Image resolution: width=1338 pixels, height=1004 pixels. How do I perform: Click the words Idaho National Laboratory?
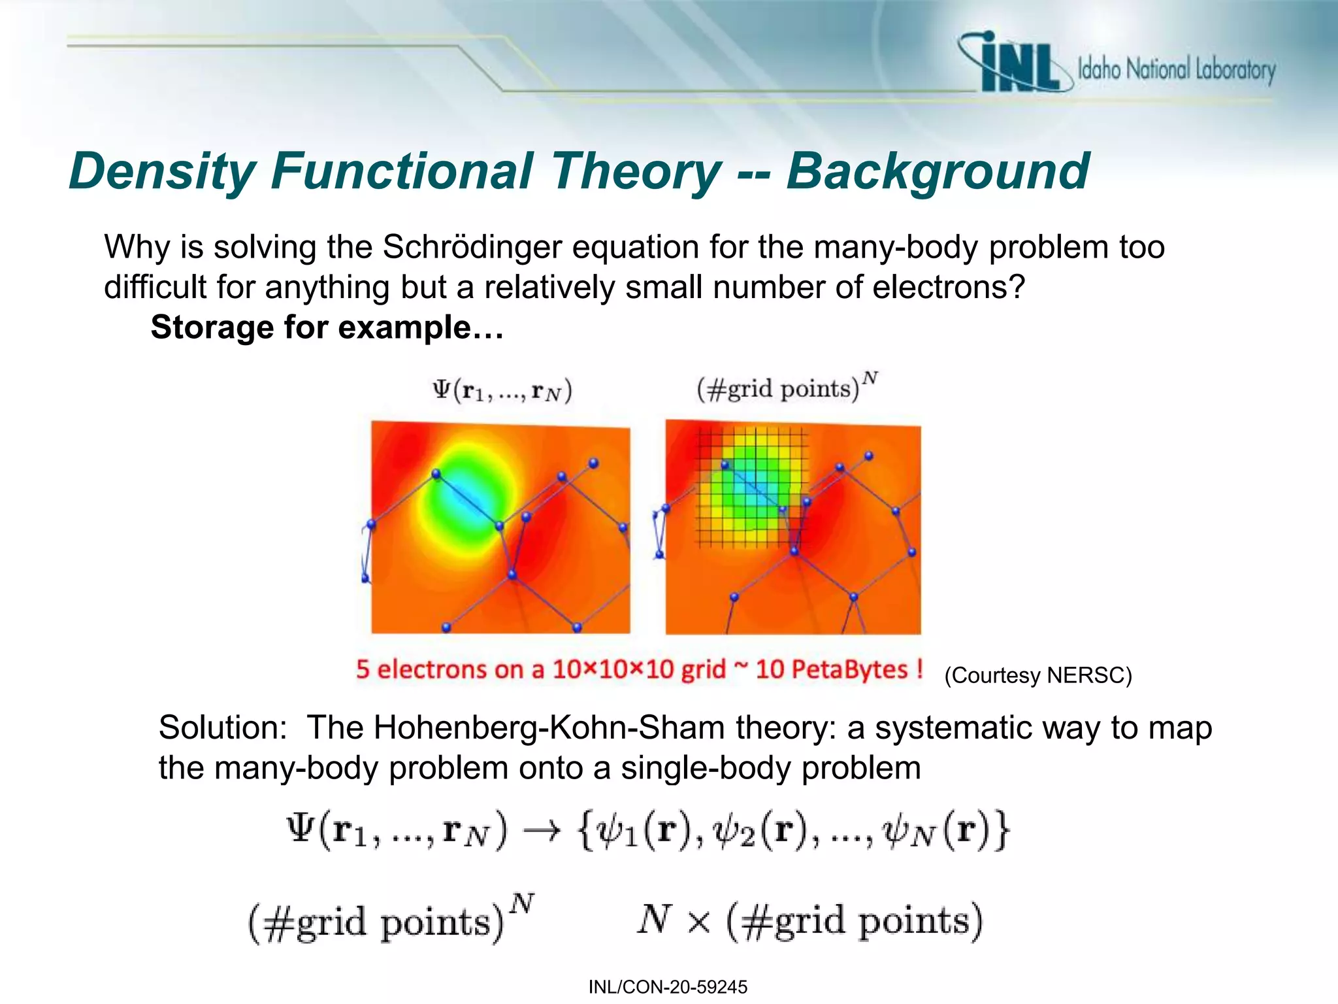(x=1176, y=69)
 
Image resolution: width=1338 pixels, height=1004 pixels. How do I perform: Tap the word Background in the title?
(x=937, y=172)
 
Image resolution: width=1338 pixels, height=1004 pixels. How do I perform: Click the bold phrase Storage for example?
(x=327, y=327)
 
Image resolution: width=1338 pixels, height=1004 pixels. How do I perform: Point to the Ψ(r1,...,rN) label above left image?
(x=502, y=391)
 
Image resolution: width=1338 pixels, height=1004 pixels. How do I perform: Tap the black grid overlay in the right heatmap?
(x=751, y=487)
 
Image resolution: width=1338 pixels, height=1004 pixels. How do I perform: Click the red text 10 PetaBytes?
(x=832, y=669)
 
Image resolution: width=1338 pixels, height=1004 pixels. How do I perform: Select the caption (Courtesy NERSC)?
(x=1037, y=675)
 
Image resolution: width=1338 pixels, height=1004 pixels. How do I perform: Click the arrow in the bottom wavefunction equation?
(x=542, y=831)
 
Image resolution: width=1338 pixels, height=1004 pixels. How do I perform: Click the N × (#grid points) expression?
(x=810, y=920)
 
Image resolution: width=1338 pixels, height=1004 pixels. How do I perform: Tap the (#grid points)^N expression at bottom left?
(x=389, y=920)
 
